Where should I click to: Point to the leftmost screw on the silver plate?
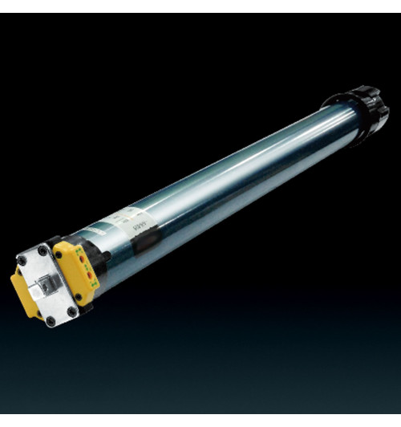(x=22, y=260)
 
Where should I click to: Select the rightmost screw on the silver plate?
(x=72, y=311)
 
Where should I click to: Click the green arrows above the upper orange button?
(x=76, y=248)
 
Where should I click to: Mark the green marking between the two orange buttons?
(x=84, y=266)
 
